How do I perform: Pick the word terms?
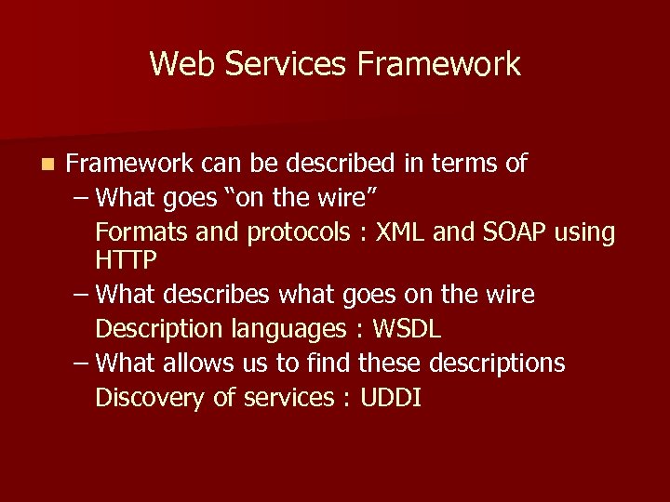(x=462, y=165)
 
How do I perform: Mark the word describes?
(x=215, y=296)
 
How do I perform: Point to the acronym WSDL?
(x=407, y=329)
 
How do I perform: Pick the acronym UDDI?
(x=390, y=397)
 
